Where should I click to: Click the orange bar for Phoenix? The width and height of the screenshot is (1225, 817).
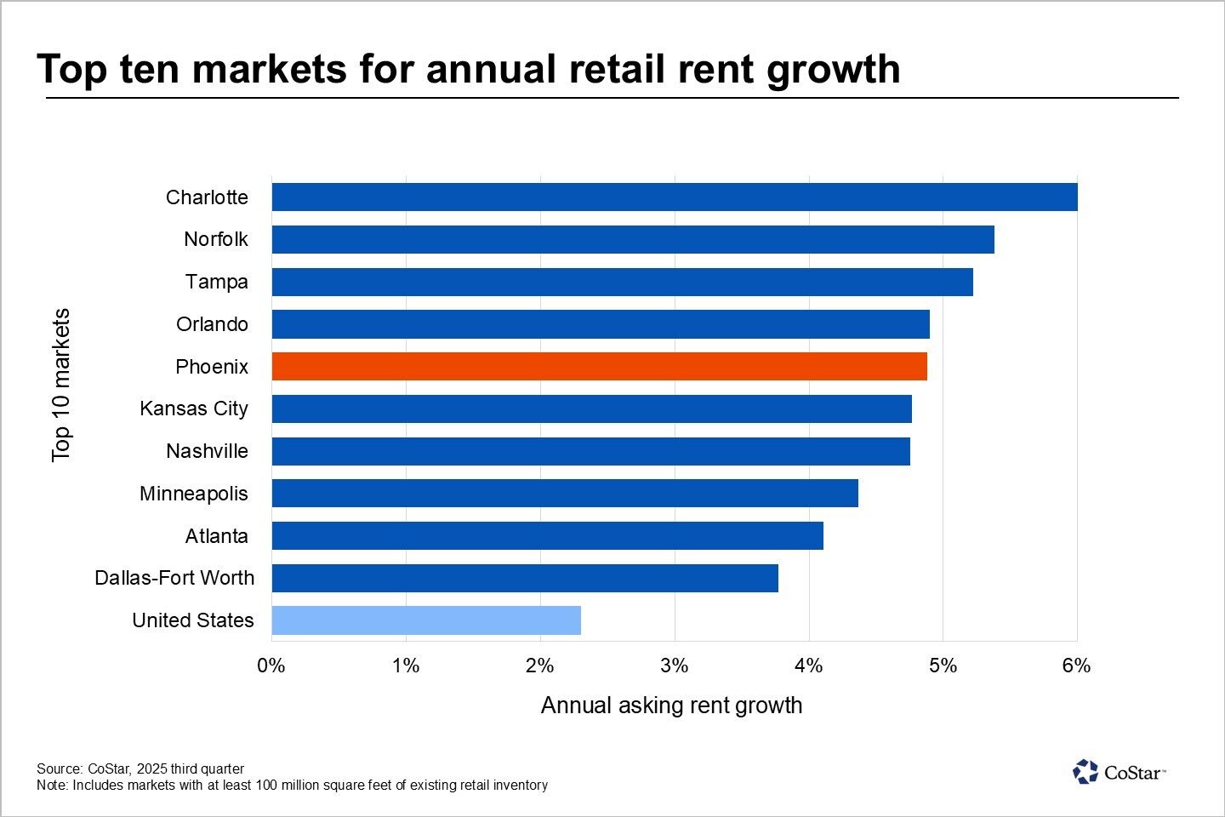[599, 367]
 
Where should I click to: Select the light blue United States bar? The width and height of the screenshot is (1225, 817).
[426, 620]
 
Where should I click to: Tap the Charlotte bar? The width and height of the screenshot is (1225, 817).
[674, 197]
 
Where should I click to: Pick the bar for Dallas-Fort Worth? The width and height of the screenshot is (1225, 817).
[525, 579]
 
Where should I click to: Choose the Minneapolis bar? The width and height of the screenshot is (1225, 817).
[565, 494]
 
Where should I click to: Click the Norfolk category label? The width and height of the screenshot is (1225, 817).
[216, 239]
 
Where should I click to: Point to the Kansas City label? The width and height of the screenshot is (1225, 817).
[194, 408]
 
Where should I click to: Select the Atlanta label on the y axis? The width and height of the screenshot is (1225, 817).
[217, 536]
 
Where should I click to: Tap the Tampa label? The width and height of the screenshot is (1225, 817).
[217, 282]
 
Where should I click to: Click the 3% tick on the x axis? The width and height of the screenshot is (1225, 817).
[674, 666]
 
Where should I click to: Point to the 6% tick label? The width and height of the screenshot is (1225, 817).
[1076, 666]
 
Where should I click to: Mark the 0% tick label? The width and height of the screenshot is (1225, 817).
[271, 666]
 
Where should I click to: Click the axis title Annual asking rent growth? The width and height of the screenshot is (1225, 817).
[671, 706]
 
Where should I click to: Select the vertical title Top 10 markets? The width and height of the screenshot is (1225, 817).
[61, 385]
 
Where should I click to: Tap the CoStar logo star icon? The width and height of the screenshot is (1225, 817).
[1085, 772]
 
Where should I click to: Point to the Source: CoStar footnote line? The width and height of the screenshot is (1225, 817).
[140, 768]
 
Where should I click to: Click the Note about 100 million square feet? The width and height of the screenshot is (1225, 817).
[292, 785]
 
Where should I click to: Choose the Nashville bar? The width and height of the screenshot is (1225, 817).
[590, 451]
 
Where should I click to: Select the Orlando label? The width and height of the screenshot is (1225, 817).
[213, 324]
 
